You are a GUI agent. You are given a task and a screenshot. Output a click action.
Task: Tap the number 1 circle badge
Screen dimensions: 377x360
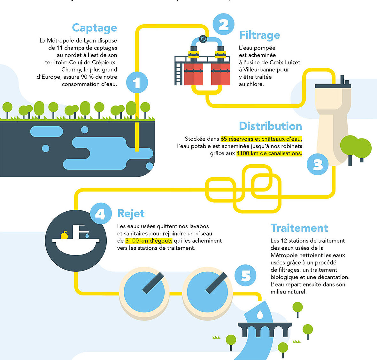[x=137, y=82]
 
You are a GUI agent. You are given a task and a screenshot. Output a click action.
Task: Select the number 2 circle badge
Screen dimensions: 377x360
[x=223, y=24]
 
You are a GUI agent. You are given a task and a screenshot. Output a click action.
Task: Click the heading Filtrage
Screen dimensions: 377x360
[x=260, y=35]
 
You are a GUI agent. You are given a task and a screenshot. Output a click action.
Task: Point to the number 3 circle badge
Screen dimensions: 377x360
[x=318, y=165]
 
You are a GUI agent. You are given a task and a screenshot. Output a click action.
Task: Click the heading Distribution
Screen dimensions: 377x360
[x=271, y=126]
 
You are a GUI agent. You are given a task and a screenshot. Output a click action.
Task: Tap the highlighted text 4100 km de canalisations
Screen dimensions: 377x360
[x=269, y=153]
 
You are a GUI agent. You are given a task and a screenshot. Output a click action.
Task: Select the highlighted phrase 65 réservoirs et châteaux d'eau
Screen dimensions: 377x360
[x=261, y=139]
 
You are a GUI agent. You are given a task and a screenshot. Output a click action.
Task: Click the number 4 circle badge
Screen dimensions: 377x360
[x=101, y=214]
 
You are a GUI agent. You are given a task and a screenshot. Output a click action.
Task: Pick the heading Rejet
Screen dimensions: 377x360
[x=131, y=214]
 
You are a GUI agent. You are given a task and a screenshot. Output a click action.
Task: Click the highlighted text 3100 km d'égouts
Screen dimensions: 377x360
[x=149, y=241]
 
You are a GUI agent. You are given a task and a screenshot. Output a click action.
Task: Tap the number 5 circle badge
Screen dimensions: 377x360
[x=245, y=275]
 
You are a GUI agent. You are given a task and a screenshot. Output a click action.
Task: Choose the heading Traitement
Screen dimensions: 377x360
[x=299, y=228]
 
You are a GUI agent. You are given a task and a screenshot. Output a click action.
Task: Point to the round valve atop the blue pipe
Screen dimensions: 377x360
[x=203, y=39]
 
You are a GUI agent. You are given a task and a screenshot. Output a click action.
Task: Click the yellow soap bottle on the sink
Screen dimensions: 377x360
[x=64, y=235]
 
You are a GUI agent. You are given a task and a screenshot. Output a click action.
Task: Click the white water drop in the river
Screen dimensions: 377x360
[x=260, y=314]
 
